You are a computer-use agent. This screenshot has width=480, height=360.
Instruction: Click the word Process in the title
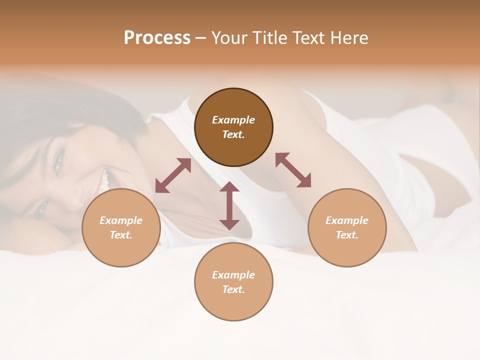157,38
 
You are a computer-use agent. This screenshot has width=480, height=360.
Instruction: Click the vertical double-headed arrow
229,206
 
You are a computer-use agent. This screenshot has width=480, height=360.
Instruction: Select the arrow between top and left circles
173,175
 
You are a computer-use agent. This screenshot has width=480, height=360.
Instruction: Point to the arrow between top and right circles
293,170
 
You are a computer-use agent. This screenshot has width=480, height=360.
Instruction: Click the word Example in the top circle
233,120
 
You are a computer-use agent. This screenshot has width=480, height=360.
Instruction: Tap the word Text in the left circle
120,235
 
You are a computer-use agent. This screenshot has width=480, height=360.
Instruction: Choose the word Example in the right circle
347,220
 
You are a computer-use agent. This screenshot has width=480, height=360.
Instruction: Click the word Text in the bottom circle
233,289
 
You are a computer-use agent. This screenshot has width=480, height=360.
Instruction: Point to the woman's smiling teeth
105,180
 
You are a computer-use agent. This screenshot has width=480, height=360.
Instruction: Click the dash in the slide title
201,38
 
